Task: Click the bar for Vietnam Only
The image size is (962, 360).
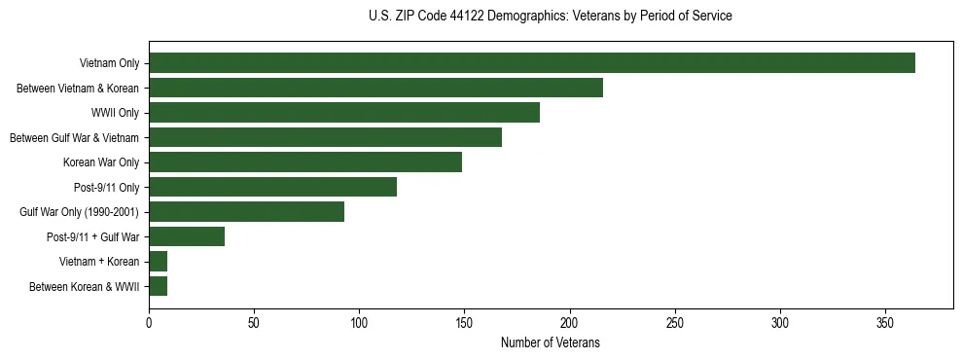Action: pos(532,63)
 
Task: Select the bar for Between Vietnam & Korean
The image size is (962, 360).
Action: pos(375,88)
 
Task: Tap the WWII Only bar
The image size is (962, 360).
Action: pos(344,113)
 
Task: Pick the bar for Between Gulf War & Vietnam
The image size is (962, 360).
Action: pos(325,137)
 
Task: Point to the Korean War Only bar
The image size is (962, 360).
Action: pos(305,162)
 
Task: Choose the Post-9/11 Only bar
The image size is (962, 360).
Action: pos(272,187)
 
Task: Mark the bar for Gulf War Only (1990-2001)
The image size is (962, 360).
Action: pos(246,212)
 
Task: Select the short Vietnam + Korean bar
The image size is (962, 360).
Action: pos(158,262)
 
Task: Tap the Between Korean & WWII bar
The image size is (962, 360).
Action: pos(158,286)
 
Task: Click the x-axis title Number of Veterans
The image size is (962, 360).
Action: pos(550,342)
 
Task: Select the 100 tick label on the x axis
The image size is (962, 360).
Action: pos(359,322)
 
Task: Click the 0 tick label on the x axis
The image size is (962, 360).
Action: pos(149,322)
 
